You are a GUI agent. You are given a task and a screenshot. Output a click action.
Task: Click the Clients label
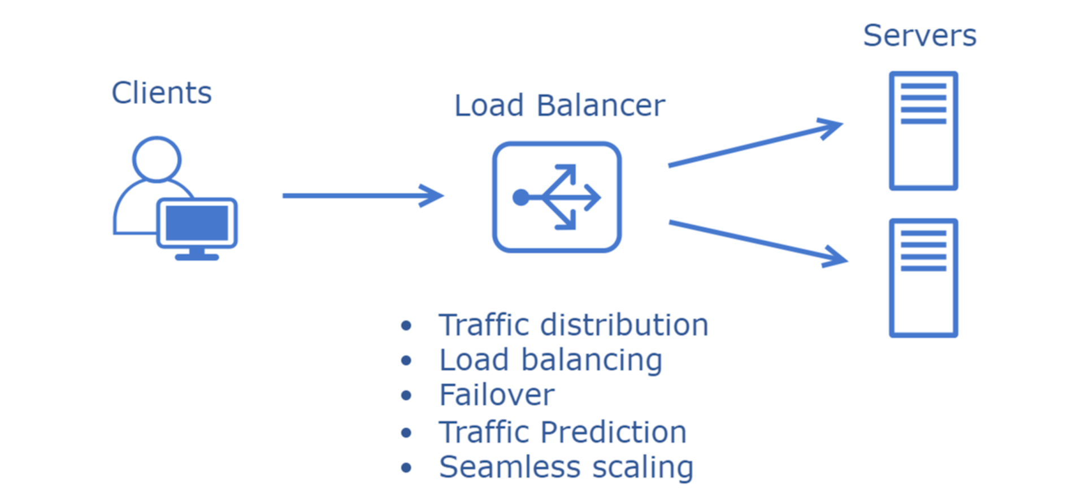click(162, 93)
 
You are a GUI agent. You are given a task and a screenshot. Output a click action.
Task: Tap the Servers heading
click(919, 36)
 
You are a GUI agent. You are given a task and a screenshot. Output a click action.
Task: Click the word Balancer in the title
click(601, 106)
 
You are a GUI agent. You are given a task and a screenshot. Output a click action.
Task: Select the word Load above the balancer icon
click(489, 106)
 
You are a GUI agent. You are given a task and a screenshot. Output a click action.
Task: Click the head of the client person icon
click(157, 159)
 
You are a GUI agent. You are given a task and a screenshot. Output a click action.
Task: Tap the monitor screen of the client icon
click(197, 223)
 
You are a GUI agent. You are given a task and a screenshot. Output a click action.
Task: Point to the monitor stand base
click(197, 257)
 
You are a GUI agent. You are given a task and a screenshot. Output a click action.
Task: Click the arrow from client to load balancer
click(362, 196)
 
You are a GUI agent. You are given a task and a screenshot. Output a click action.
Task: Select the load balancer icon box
click(557, 197)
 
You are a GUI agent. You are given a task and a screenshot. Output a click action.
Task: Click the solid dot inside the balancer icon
click(520, 197)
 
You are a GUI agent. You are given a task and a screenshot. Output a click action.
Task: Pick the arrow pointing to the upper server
click(754, 145)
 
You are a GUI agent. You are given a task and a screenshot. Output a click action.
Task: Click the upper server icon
click(923, 131)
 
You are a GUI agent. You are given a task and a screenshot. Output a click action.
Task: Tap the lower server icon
click(923, 278)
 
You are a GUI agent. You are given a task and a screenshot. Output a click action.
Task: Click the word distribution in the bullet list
click(624, 325)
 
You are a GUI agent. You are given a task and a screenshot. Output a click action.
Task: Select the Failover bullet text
click(497, 394)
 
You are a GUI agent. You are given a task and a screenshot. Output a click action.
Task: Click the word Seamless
click(510, 467)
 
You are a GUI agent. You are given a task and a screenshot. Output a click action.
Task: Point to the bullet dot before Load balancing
click(406, 361)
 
